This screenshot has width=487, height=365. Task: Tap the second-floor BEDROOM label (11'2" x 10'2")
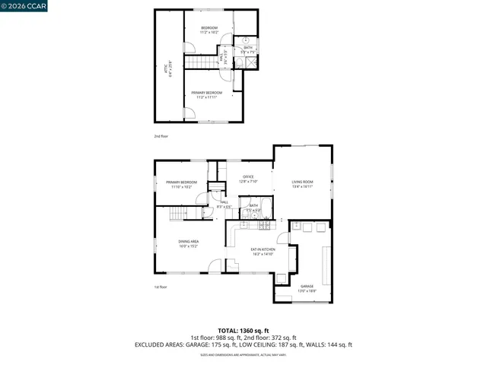tap(209, 30)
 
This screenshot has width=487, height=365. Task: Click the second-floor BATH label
tap(249, 49)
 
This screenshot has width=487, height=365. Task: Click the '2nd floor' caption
tap(161, 136)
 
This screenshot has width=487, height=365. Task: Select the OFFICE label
tap(249, 179)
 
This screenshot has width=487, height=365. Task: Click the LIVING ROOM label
tap(303, 183)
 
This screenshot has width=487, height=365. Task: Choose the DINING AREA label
tap(189, 244)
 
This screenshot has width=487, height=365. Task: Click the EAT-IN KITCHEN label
tap(263, 251)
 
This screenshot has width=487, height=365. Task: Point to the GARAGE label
tap(307, 288)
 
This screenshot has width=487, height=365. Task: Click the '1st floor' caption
tap(161, 287)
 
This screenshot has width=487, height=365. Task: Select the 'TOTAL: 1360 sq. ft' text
tap(243, 331)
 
